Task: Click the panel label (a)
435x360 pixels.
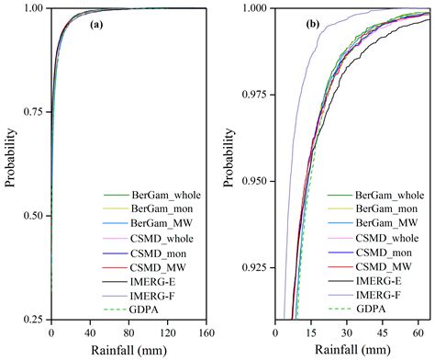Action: tap(95, 26)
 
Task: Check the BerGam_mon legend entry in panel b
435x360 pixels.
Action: tap(394, 208)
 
